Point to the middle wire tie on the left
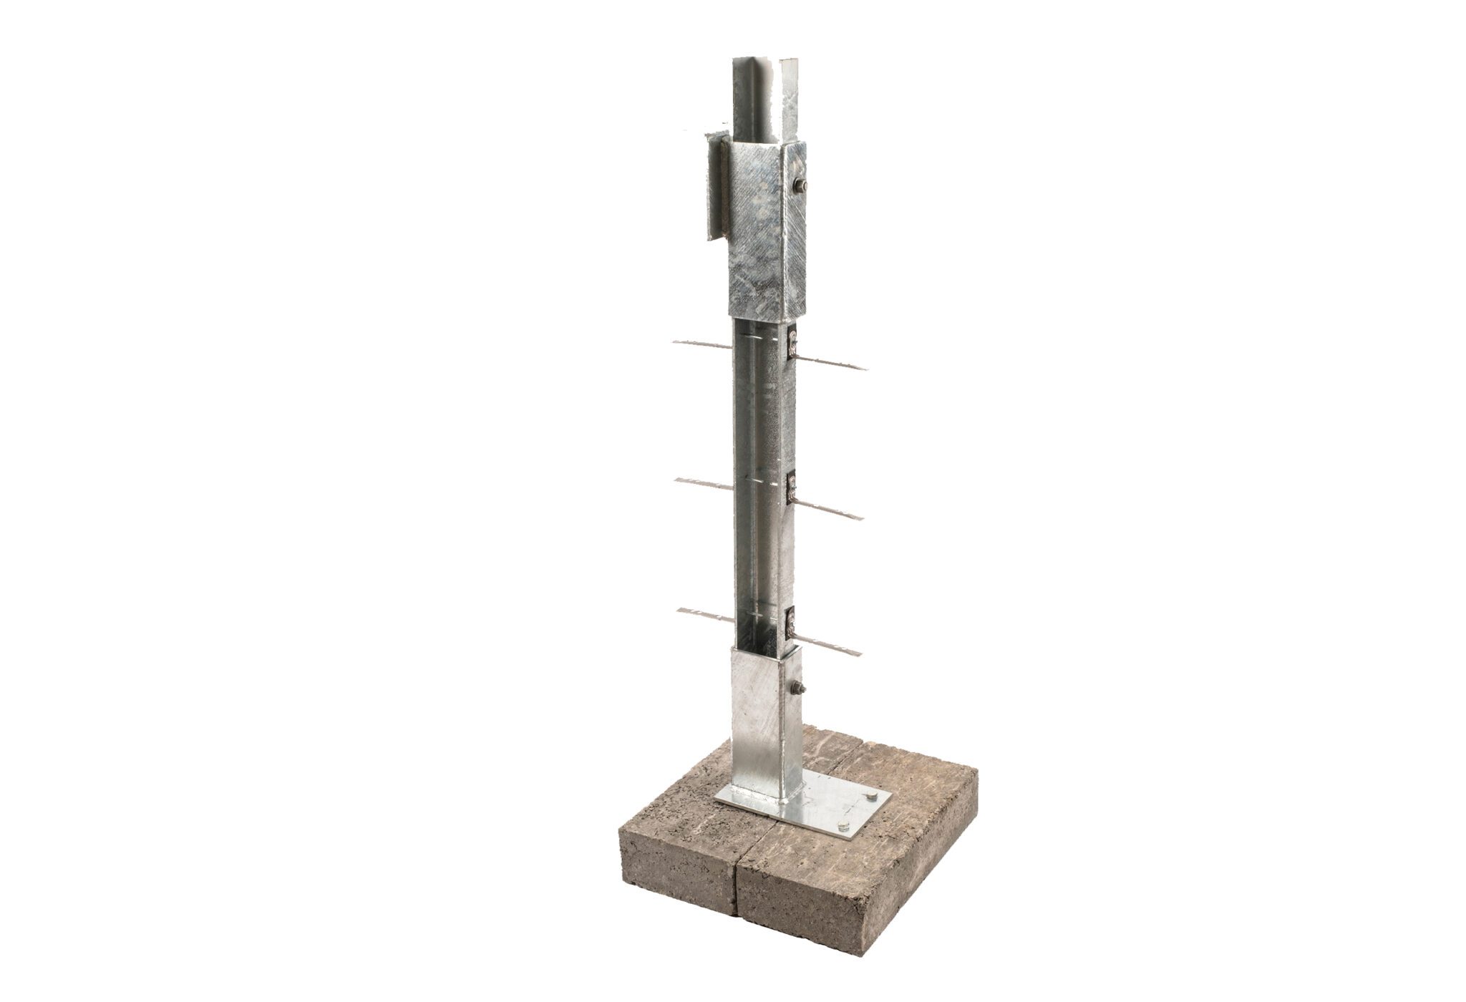point(203,483)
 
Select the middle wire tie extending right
point(830,508)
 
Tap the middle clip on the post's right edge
point(792,487)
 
